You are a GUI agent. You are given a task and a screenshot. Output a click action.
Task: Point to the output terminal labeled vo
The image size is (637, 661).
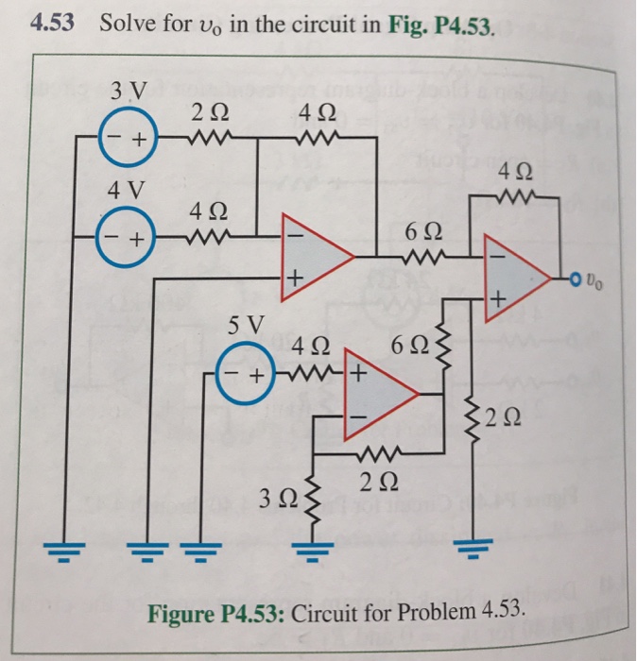pyautogui.click(x=577, y=278)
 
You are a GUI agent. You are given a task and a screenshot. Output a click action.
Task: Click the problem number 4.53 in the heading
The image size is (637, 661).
pyautogui.click(x=53, y=23)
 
